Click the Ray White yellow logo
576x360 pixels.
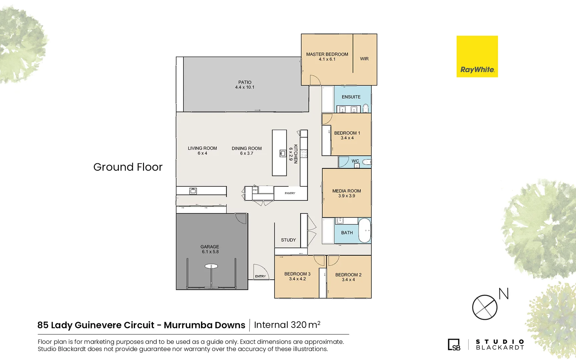coord(477,56)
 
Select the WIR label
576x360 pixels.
coord(364,59)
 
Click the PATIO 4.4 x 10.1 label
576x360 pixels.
coord(245,85)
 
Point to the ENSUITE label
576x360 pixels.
coord(351,97)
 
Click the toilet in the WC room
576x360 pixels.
coord(367,162)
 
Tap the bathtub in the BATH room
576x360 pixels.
coord(365,230)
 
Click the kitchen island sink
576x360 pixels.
coord(283,153)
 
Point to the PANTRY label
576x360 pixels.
coord(290,193)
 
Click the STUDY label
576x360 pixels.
coord(288,240)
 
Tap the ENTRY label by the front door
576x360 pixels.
coord(260,276)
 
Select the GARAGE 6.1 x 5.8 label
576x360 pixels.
coord(210,249)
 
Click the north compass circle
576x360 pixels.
coord(485,307)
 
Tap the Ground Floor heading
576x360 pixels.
coord(128,167)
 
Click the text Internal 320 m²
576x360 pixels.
coord(287,325)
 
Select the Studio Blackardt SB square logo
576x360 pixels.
coord(454,345)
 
